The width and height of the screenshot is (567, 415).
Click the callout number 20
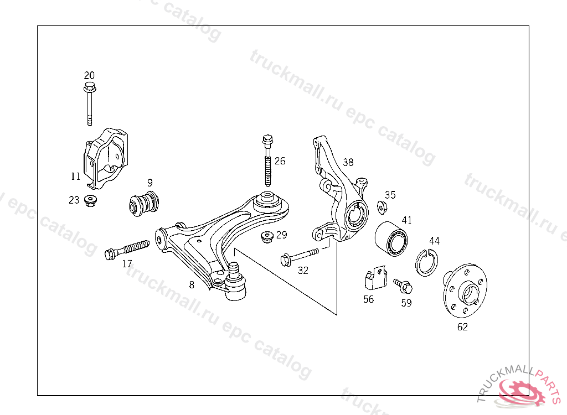89,75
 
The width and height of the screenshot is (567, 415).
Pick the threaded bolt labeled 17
127,248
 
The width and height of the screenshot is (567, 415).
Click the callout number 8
192,286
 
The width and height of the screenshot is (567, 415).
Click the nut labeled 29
267,238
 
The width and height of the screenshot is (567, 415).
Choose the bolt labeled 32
300,256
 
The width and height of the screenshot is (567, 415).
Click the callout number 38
348,162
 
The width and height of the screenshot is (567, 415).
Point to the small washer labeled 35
382,207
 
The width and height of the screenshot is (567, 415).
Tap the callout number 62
462,327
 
